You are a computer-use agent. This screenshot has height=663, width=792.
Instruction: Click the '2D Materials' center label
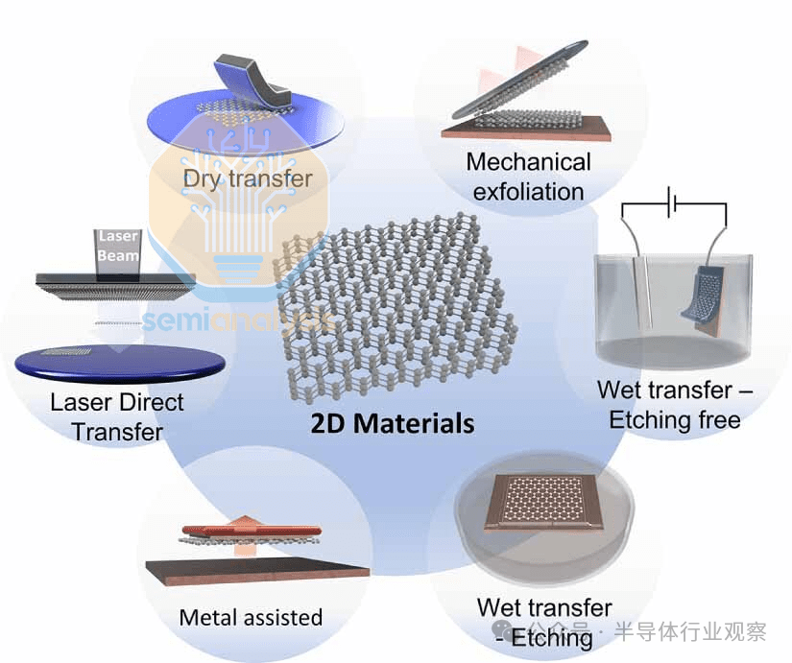(393, 423)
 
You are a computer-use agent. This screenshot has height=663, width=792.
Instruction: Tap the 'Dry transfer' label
(248, 178)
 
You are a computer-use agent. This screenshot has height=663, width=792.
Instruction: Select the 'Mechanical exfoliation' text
(528, 177)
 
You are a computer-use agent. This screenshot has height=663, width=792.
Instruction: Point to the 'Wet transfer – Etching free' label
(674, 405)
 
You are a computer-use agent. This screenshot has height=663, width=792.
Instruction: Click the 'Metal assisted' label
(251, 617)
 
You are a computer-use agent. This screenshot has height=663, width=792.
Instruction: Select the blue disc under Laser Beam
(120, 363)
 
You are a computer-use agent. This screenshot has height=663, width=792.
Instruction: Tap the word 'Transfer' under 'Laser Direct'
(117, 431)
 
